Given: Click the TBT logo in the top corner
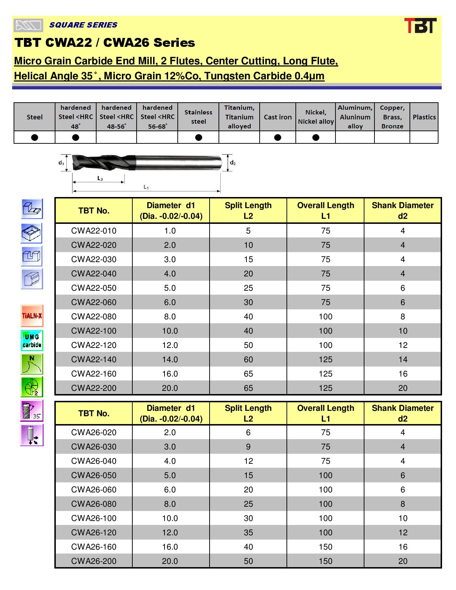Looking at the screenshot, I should pos(420,26).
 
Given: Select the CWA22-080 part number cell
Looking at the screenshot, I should pos(94,316).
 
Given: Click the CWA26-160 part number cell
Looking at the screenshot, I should pos(94,547).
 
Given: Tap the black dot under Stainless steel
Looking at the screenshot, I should pos(198,137).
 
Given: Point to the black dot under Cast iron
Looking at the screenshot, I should pos(278,137).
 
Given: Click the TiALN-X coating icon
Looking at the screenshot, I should pos(32,316).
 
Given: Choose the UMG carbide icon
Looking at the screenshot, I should pos(32,340).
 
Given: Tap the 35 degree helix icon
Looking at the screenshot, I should pos(32,410).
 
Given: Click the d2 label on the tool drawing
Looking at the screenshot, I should pos(232,163).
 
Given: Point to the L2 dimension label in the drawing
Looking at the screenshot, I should pos(100,178).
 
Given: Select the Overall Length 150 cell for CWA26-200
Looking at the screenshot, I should pos(325,561).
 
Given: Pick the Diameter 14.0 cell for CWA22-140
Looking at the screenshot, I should pos(170,359).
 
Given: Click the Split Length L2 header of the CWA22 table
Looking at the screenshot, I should pos(248,211).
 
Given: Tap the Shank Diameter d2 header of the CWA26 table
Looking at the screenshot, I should pos(402,413).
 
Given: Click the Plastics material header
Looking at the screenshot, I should pos(424,117).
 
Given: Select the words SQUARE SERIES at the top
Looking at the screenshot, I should pos(83,25).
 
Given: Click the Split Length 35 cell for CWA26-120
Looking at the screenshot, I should pos(248,532).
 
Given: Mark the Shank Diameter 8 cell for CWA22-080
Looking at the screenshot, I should pos(403,316).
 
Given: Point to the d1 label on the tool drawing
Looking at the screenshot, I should pos(61,163).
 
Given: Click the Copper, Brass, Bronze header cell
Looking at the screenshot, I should pos(392,117).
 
